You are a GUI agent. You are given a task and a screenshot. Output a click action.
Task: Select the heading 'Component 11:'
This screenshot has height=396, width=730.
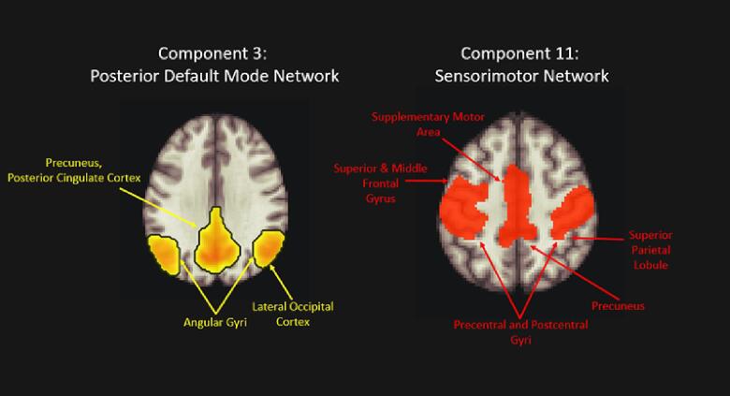pyautogui.click(x=530, y=53)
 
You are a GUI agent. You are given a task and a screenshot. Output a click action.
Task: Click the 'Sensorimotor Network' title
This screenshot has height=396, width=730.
pyautogui.click(x=530, y=77)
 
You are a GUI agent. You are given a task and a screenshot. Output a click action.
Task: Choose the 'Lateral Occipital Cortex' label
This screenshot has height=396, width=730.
pyautogui.click(x=293, y=314)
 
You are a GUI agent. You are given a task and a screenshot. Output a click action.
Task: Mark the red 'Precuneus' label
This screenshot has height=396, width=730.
pyautogui.click(x=619, y=305)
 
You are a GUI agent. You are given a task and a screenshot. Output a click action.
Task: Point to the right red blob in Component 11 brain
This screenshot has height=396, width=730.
pyautogui.click(x=573, y=213)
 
